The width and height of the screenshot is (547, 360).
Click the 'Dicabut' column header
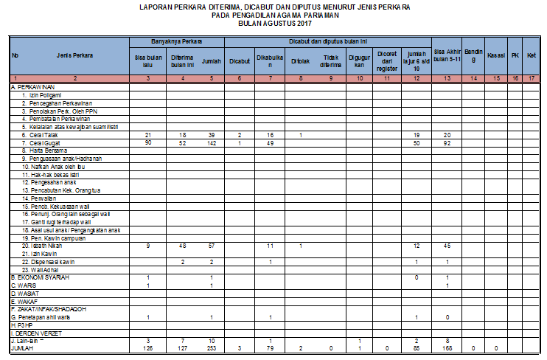tap(240, 60)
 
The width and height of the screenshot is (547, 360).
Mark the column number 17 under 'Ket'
tap(530, 77)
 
